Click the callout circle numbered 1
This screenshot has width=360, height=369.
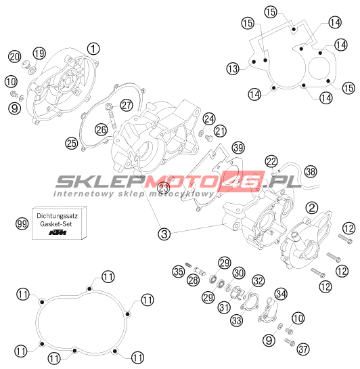pos(93,49)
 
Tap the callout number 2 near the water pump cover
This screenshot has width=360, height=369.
pos(312,208)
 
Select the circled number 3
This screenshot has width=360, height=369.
pos(164,234)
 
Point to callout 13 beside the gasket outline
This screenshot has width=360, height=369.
pos(233,68)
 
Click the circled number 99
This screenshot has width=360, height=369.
pos(22,223)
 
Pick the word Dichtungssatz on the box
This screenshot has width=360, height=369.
pos(57,215)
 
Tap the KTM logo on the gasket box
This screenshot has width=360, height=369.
pos(58,232)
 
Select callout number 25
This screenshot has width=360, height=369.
pos(72,143)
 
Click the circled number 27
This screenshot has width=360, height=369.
pos(127,105)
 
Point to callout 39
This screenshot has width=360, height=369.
pos(238,148)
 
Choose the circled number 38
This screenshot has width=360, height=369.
pos(311,171)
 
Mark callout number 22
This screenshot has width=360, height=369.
pos(271,161)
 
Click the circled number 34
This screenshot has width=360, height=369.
pos(282,294)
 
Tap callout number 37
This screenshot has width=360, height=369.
pos(303,349)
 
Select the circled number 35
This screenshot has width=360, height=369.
pos(178,272)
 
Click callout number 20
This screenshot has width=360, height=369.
pos(15,57)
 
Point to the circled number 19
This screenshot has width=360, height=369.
pos(39,53)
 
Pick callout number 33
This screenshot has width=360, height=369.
pos(237,320)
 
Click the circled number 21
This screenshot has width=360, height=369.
pos(220,131)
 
